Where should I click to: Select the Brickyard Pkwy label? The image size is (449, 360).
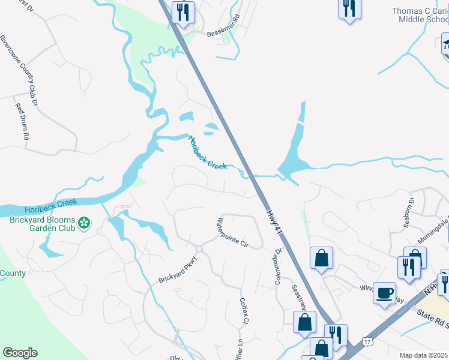point(178,271)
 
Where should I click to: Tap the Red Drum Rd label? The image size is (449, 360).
point(22,121)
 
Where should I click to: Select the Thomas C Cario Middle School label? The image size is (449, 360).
point(420,15)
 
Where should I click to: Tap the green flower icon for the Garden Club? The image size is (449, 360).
point(85,224)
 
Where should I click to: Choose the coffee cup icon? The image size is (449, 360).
point(384,294)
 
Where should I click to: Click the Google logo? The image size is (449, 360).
point(20,353)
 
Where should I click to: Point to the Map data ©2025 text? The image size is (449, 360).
point(424,355)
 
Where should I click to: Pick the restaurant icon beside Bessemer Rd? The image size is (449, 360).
point(183,11)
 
